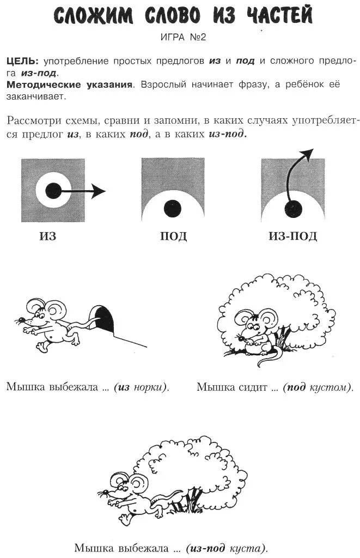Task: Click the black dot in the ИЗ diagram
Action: click(53, 190)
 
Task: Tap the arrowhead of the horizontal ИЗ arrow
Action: click(99, 191)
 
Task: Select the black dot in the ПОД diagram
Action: click(173, 208)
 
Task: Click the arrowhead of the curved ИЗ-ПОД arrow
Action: click(308, 154)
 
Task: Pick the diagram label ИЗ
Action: click(48, 236)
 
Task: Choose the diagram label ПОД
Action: click(173, 236)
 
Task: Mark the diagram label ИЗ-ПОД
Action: click(292, 236)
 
